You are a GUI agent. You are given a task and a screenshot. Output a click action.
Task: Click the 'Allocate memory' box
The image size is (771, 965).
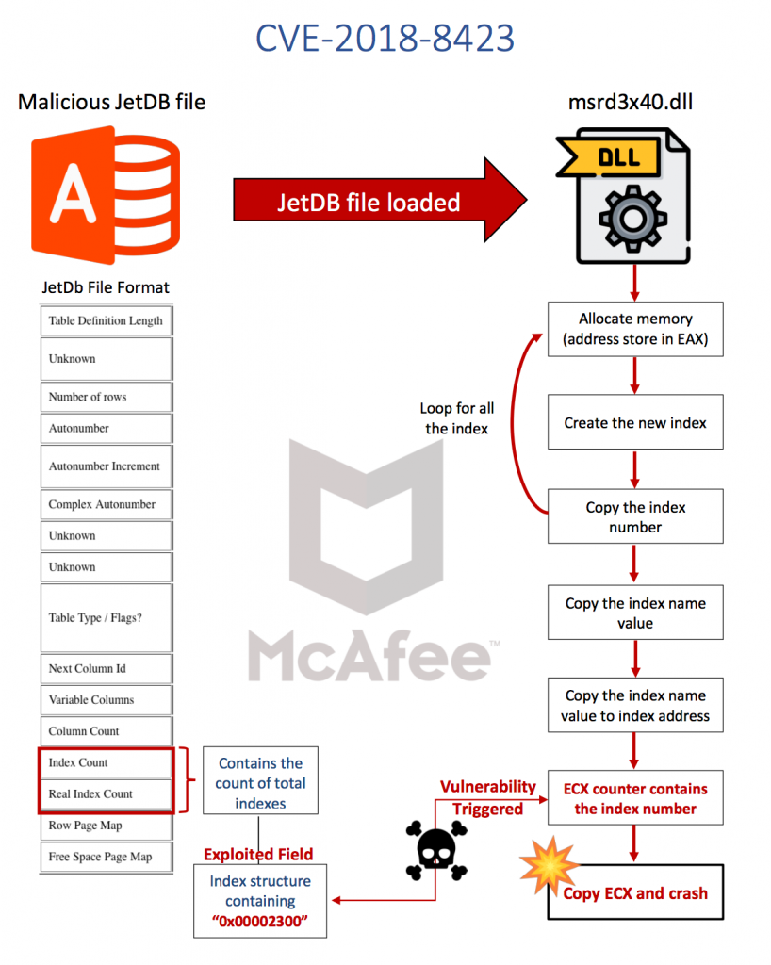pyautogui.click(x=635, y=329)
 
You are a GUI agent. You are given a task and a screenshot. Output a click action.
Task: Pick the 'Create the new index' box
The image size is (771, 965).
pyautogui.click(x=635, y=422)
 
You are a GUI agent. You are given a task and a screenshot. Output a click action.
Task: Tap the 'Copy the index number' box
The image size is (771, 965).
pyautogui.click(x=635, y=516)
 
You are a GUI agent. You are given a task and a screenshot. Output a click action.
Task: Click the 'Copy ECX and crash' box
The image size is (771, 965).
pyautogui.click(x=635, y=892)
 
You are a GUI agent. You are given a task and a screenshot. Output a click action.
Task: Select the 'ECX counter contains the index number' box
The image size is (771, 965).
pyautogui.click(x=635, y=799)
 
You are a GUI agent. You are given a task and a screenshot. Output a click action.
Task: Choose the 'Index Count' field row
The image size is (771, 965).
pyautogui.click(x=106, y=762)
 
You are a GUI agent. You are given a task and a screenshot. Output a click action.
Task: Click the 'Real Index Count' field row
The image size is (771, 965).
pyautogui.click(x=106, y=793)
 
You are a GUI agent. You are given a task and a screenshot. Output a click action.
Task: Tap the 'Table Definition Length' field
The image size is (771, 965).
pyautogui.click(x=106, y=320)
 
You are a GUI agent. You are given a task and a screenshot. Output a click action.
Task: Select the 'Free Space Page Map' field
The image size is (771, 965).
pyautogui.click(x=106, y=857)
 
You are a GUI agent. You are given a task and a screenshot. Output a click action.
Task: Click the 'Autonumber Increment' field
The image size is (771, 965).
pyautogui.click(x=106, y=466)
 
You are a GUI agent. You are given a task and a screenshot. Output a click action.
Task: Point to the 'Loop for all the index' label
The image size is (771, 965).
pyautogui.click(x=457, y=418)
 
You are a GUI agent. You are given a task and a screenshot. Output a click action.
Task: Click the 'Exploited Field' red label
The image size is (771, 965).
pyautogui.click(x=259, y=854)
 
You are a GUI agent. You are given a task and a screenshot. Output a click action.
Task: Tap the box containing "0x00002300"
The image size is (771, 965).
pyautogui.click(x=259, y=901)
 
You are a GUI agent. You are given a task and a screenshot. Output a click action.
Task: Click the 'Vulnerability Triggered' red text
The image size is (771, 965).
pyautogui.click(x=489, y=797)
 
